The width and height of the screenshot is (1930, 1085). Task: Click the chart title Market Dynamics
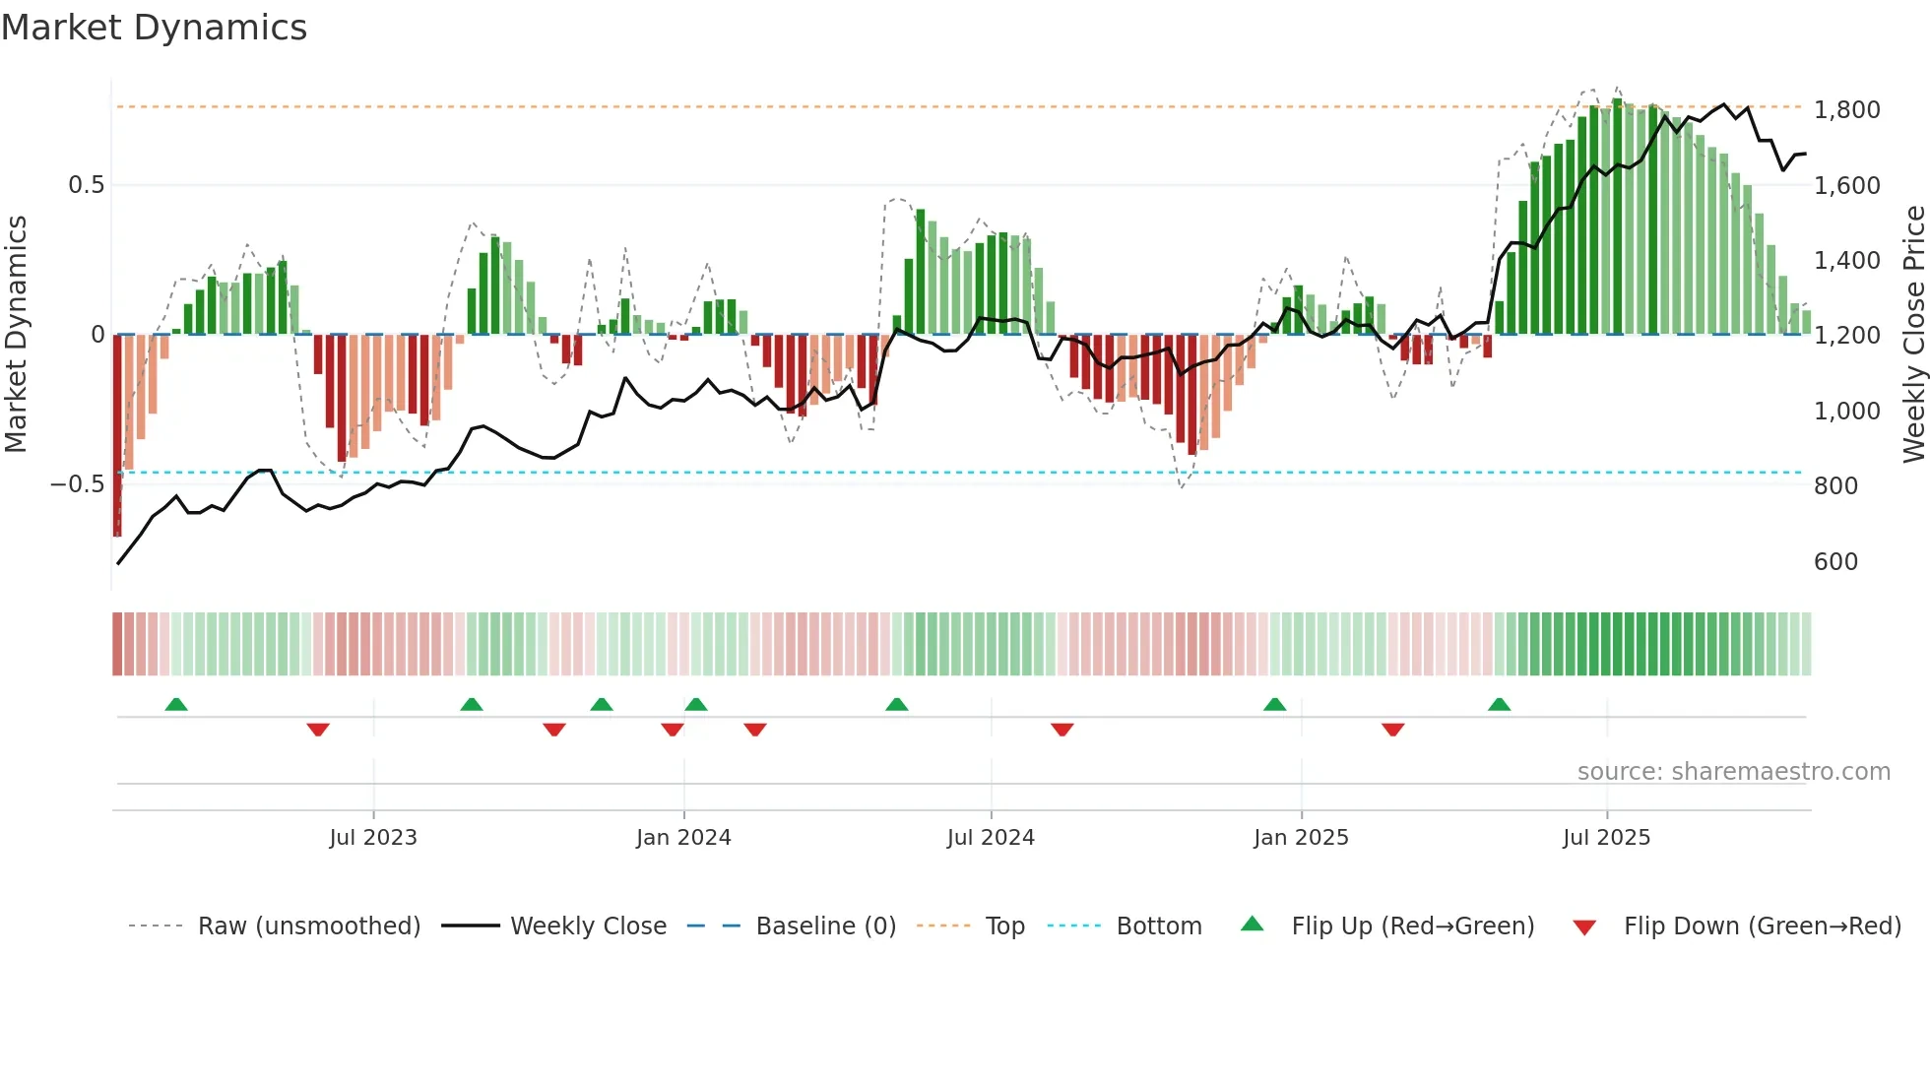(x=154, y=28)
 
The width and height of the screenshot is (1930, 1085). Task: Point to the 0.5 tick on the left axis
(x=86, y=185)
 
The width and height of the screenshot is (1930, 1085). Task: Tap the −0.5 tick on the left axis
(x=78, y=484)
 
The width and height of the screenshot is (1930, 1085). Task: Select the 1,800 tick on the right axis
(x=1846, y=110)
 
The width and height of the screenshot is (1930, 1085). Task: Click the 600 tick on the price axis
(x=1835, y=562)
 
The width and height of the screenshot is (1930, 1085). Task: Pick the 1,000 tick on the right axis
(x=1846, y=412)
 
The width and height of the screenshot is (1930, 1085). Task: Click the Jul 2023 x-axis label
(x=373, y=838)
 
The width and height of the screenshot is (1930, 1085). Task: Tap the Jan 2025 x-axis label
(x=1301, y=838)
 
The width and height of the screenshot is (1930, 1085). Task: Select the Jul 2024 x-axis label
(x=991, y=838)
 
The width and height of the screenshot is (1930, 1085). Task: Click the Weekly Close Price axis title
(x=1913, y=335)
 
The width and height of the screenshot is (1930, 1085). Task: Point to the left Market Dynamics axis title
(x=16, y=335)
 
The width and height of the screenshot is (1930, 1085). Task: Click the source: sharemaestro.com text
(x=1733, y=772)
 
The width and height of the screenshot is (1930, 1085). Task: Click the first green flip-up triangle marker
(x=176, y=705)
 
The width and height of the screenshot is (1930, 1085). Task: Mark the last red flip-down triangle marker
(x=1392, y=729)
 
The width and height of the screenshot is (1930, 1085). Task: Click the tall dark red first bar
(x=117, y=435)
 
